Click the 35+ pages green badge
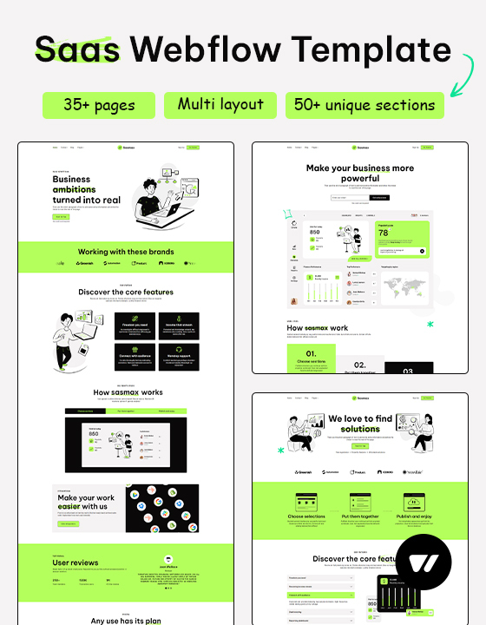tap(99, 106)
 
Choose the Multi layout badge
tap(220, 105)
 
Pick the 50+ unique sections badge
tap(364, 106)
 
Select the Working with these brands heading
tap(126, 251)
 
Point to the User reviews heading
tap(76, 562)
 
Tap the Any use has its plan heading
tap(126, 620)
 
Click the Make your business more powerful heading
tap(360, 173)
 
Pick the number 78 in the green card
tap(384, 234)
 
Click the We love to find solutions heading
tap(360, 424)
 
